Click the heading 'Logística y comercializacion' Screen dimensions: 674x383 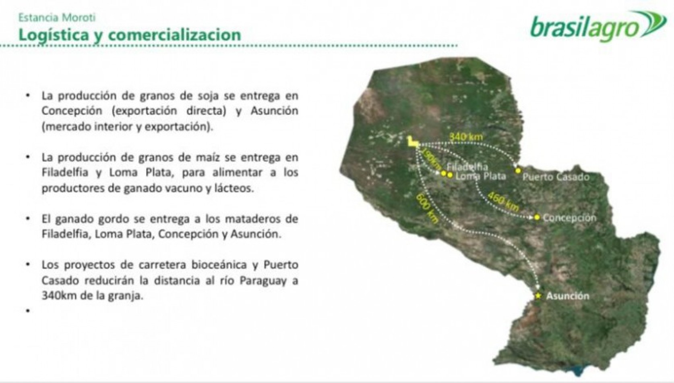point(130,35)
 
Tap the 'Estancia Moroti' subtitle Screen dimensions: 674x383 point(57,17)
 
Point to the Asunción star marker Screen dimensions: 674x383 point(538,296)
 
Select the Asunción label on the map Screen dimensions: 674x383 point(567,296)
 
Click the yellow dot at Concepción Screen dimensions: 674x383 point(537,217)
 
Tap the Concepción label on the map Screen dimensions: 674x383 point(569,218)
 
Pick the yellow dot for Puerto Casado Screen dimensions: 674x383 point(518,171)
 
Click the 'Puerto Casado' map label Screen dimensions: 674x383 point(556,177)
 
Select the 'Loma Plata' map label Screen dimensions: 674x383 point(480,176)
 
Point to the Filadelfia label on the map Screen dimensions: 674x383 point(467,167)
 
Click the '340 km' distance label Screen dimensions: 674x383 point(466,137)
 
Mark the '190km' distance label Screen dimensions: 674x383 point(432,159)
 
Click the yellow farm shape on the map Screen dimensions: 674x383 point(412,142)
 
